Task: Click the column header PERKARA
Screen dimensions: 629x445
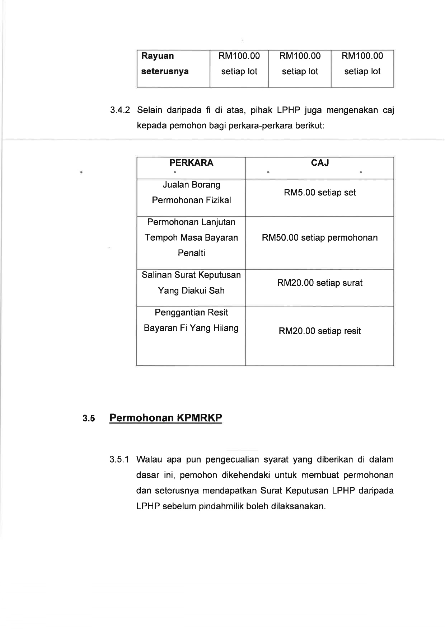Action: [191, 163]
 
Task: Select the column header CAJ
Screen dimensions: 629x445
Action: [320, 163]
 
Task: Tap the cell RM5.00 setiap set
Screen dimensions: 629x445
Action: [320, 193]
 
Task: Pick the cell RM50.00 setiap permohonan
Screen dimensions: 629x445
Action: [320, 238]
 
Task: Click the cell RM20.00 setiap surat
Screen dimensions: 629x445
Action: [320, 283]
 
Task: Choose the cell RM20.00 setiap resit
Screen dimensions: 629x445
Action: [320, 331]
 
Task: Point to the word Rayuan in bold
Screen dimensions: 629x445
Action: [158, 56]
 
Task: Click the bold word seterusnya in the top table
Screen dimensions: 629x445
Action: [165, 71]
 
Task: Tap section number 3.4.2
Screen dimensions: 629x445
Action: [120, 110]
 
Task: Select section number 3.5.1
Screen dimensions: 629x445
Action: [120, 460]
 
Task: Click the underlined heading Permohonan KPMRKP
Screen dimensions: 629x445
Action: [165, 418]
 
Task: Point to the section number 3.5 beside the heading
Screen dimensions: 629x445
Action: [89, 418]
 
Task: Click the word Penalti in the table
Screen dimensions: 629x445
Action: [191, 253]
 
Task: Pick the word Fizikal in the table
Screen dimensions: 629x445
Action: [216, 200]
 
